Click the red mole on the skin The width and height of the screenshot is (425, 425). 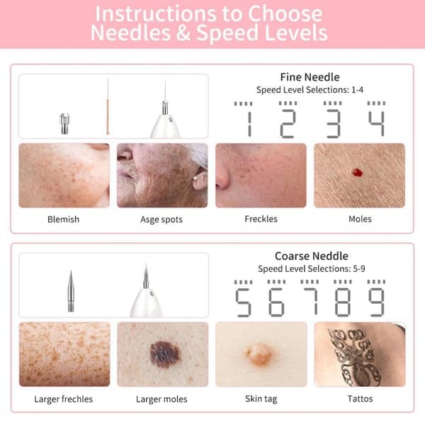(x=357, y=172)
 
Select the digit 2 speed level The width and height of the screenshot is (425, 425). (x=288, y=123)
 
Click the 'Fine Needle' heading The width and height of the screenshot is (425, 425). (x=310, y=77)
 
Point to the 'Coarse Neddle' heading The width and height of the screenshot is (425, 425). (x=312, y=256)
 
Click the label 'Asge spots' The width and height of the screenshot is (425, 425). (x=161, y=220)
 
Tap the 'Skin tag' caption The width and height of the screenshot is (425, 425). (x=261, y=399)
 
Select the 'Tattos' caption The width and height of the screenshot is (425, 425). (x=360, y=399)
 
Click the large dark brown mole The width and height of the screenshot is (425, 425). (x=164, y=354)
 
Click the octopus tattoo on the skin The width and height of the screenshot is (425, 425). (x=355, y=357)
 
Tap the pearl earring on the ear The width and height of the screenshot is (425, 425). (x=195, y=178)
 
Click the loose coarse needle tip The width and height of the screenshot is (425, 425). (x=71, y=291)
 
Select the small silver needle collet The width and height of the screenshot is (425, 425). (x=64, y=123)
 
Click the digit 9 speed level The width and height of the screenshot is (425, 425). (x=376, y=302)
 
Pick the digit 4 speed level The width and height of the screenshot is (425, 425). (x=376, y=123)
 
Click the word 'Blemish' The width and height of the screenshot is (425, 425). (x=64, y=220)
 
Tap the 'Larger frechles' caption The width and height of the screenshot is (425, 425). (x=64, y=399)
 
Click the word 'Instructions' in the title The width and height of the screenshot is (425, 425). (x=156, y=14)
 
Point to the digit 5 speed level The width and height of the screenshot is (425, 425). (x=243, y=302)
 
